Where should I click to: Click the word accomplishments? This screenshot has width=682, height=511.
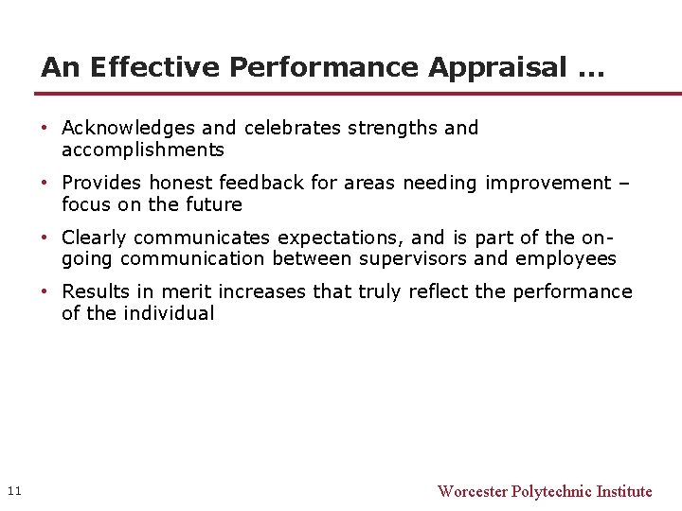click(143, 150)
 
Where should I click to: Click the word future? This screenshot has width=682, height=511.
click(215, 204)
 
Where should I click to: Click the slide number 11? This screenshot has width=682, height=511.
click(13, 490)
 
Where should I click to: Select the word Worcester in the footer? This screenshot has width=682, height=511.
click(472, 491)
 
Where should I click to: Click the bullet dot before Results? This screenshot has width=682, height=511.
click(45, 291)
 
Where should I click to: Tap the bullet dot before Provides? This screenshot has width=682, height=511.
click(45, 183)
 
